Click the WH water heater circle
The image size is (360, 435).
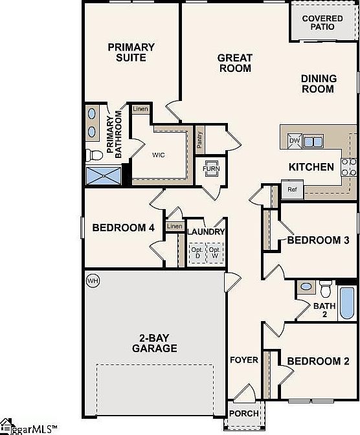coord(93,281)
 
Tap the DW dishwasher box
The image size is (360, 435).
coord(295,140)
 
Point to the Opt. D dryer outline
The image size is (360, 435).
coord(196,252)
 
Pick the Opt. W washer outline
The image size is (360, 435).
coord(214,252)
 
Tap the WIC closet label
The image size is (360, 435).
coord(160,155)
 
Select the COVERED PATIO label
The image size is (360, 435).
coord(322,23)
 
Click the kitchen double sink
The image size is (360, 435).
coord(313,141)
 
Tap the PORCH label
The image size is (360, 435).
coord(244,413)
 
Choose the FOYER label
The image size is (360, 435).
coord(243,360)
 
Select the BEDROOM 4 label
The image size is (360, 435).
coord(123,228)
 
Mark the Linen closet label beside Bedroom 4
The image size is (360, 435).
coord(174,227)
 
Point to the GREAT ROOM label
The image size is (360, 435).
coord(234,63)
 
